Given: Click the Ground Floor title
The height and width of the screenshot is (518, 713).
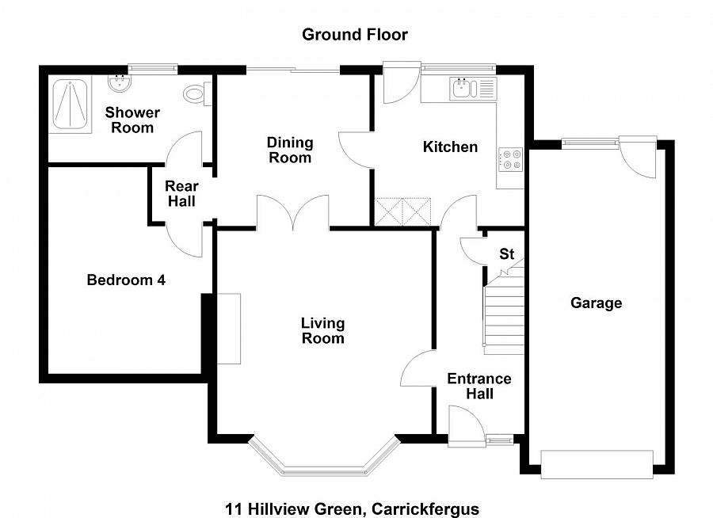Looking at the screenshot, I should (355, 34).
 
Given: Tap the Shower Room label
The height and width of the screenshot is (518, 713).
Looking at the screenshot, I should (132, 120).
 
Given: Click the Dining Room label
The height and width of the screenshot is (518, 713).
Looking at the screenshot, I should (290, 150).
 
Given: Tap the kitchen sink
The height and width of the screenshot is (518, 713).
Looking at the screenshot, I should (463, 89).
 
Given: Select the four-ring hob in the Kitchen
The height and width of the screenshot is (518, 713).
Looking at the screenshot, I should (509, 159).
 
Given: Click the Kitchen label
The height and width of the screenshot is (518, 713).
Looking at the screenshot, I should (450, 147).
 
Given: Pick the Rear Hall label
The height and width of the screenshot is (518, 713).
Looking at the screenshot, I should (181, 194).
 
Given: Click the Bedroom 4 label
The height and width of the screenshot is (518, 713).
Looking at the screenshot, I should (126, 280).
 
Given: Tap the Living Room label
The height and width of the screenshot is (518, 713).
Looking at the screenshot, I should (322, 330).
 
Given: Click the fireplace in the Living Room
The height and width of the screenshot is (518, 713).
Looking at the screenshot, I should (229, 329).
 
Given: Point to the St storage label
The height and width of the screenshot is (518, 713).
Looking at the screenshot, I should (507, 254).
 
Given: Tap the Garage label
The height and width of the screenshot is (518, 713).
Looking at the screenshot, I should (596, 303).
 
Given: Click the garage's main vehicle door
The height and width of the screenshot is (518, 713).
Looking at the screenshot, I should (597, 464).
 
